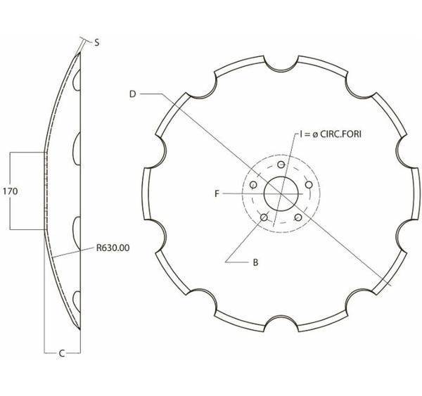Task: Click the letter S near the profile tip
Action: [x=96, y=43]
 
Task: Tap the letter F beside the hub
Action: [x=217, y=191]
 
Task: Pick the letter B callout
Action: [x=255, y=262]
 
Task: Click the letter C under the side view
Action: [x=61, y=353]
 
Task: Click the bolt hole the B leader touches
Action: [x=264, y=217]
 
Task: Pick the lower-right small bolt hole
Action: [x=299, y=217]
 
